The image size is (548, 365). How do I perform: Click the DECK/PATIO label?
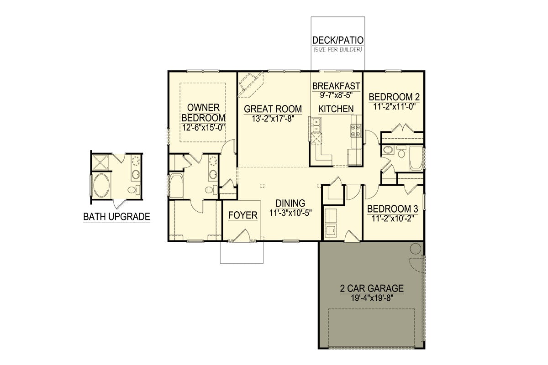click(x=338, y=40)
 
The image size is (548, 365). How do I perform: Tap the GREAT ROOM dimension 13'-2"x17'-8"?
click(x=273, y=119)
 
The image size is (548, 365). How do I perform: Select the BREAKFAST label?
click(x=336, y=86)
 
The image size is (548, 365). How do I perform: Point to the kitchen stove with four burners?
click(x=355, y=130)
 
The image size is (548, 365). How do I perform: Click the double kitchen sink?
click(x=317, y=125)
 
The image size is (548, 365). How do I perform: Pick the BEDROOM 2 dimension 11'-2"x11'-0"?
click(x=395, y=107)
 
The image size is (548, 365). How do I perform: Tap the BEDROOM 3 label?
click(x=392, y=209)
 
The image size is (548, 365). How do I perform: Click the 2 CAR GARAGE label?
click(x=372, y=288)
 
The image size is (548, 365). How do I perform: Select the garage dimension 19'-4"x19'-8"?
click(x=372, y=299)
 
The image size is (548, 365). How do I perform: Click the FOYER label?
click(x=242, y=215)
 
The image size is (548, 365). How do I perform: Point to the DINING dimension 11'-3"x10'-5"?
click(x=290, y=213)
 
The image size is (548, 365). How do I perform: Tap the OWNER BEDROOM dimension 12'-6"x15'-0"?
click(x=204, y=128)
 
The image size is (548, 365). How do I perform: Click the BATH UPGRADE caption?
click(x=117, y=217)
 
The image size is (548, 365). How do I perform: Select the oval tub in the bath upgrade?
click(x=101, y=185)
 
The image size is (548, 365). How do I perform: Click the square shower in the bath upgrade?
click(x=100, y=162)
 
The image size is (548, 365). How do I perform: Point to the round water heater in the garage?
click(x=415, y=249)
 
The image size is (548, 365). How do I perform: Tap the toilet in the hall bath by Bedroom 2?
click(x=401, y=151)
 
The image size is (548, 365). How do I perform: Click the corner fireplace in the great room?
click(x=250, y=84)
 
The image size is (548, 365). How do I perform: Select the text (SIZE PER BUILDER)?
click(x=338, y=50)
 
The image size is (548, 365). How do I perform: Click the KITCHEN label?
click(x=336, y=109)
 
